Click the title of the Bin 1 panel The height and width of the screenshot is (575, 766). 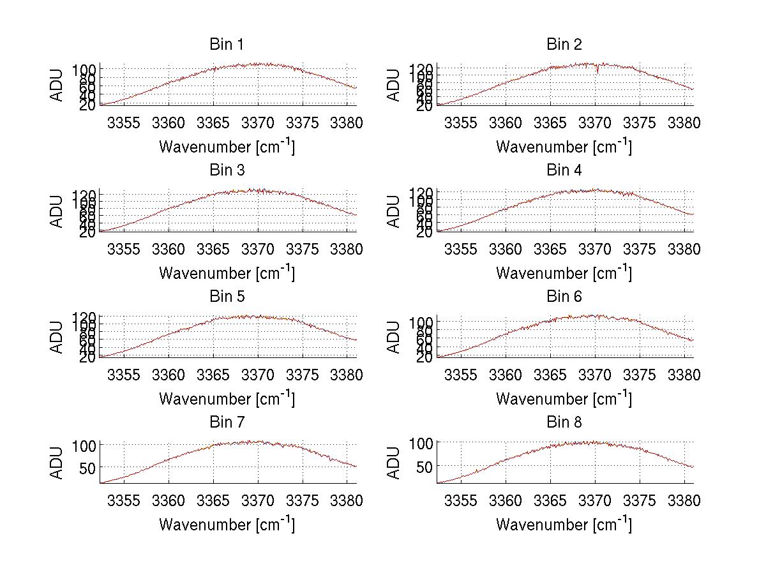[x=227, y=45]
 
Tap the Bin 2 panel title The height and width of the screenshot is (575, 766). [x=564, y=45]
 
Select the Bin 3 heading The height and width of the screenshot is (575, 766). [x=227, y=170]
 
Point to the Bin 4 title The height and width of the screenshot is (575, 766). [x=564, y=170]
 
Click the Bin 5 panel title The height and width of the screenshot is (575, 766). [x=227, y=297]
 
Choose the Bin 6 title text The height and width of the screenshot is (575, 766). [x=564, y=297]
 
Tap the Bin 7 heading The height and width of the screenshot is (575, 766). [x=227, y=422]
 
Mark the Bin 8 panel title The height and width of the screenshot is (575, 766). [x=564, y=422]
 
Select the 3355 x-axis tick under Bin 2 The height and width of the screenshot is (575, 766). [x=460, y=123]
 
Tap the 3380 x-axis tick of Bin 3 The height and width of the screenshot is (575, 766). [x=347, y=248]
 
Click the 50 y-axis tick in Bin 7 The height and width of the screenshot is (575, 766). [x=87, y=467]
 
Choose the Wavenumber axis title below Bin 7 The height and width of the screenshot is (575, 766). [x=227, y=524]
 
